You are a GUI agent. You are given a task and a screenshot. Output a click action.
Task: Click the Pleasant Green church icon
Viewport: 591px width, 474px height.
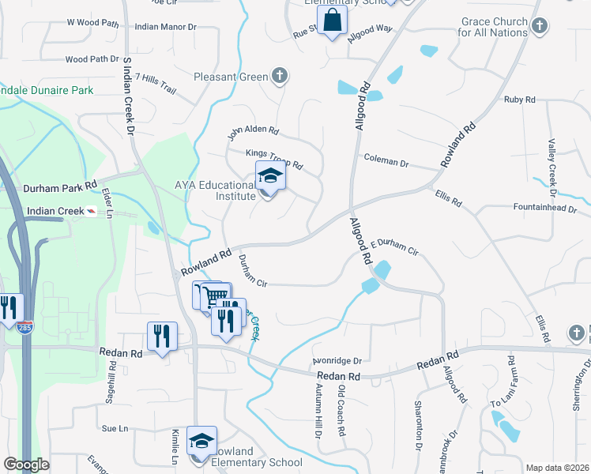click(x=278, y=77)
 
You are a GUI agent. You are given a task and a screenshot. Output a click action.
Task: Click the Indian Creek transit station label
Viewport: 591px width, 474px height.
click(x=55, y=212)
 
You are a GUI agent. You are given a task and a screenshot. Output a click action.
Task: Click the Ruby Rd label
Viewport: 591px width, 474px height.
click(x=520, y=100)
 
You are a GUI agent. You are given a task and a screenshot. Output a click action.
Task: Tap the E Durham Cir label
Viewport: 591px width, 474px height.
click(x=393, y=246)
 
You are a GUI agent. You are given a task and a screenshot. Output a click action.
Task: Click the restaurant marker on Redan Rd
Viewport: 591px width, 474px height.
click(x=162, y=336)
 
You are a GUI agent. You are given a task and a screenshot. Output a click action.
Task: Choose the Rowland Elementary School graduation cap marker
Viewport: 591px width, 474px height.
click(x=201, y=441)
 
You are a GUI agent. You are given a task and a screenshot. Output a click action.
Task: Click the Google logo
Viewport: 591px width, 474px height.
click(x=26, y=465)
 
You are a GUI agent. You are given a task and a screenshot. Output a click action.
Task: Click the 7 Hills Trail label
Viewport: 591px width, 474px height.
click(x=156, y=82)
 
